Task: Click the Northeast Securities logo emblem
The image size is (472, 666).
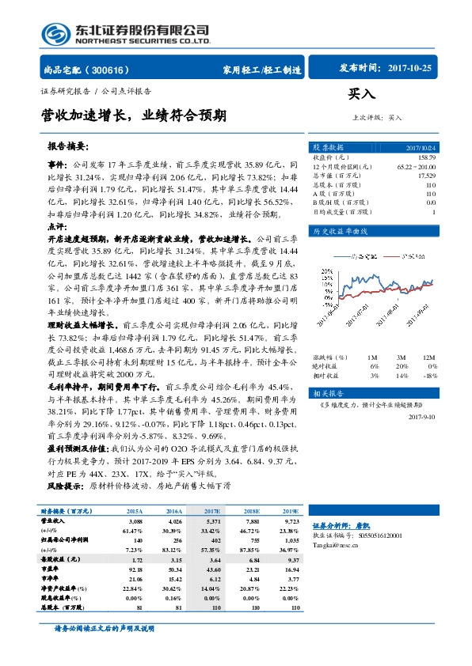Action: coord(57,32)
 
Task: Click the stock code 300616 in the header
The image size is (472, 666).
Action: coord(116,70)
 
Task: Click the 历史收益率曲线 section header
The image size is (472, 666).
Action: coord(341,231)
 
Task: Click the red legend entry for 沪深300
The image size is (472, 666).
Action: coord(412,256)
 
